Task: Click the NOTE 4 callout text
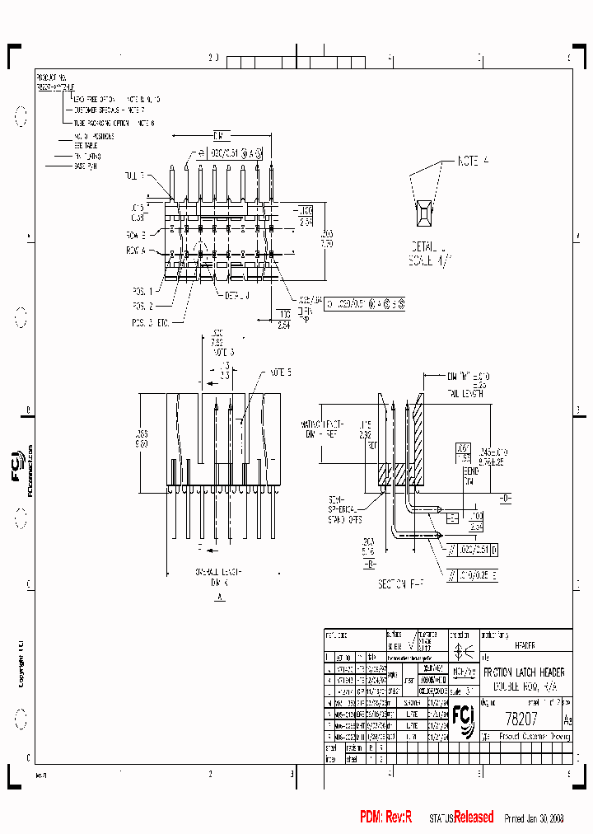pyautogui.click(x=474, y=162)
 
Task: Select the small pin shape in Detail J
pyautogui.click(x=427, y=213)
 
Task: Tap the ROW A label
pyautogui.click(x=136, y=249)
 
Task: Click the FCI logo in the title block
pyautogui.click(x=462, y=719)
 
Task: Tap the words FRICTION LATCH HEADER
pyautogui.click(x=529, y=673)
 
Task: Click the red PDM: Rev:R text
pyautogui.click(x=385, y=818)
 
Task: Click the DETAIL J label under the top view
pyautogui.click(x=234, y=295)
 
